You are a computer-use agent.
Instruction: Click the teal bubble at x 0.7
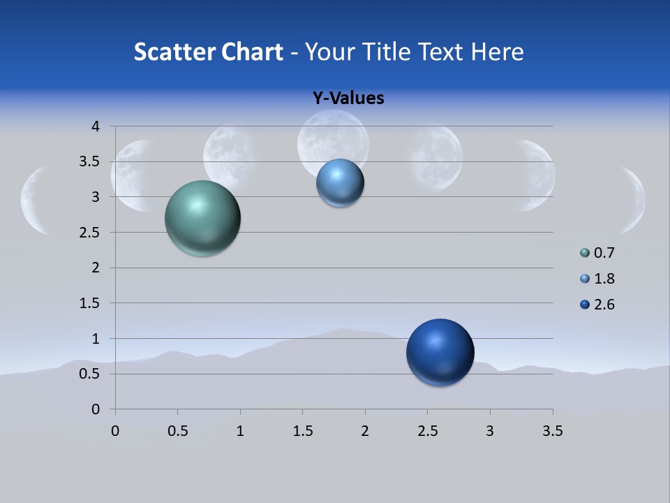coord(202,218)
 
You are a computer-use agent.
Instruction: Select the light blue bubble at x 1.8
coord(340,183)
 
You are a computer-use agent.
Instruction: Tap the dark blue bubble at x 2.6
coord(440,352)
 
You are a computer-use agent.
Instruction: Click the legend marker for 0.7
coord(585,253)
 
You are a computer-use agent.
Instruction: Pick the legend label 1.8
coord(604,279)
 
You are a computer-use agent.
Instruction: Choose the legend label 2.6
coord(604,305)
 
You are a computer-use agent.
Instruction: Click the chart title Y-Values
coord(348,99)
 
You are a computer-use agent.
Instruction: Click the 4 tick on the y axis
coord(96,126)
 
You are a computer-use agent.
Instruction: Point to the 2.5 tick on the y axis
coord(90,233)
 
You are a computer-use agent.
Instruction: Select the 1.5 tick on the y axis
coord(90,303)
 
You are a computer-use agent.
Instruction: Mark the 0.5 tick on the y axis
coord(90,374)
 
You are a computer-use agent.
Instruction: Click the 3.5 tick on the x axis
coord(552,431)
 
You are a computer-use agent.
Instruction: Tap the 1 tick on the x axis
coord(240,431)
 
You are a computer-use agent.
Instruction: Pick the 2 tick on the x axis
coord(365,431)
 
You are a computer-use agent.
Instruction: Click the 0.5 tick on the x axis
coord(177,431)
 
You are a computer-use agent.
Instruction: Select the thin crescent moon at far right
coord(635,200)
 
